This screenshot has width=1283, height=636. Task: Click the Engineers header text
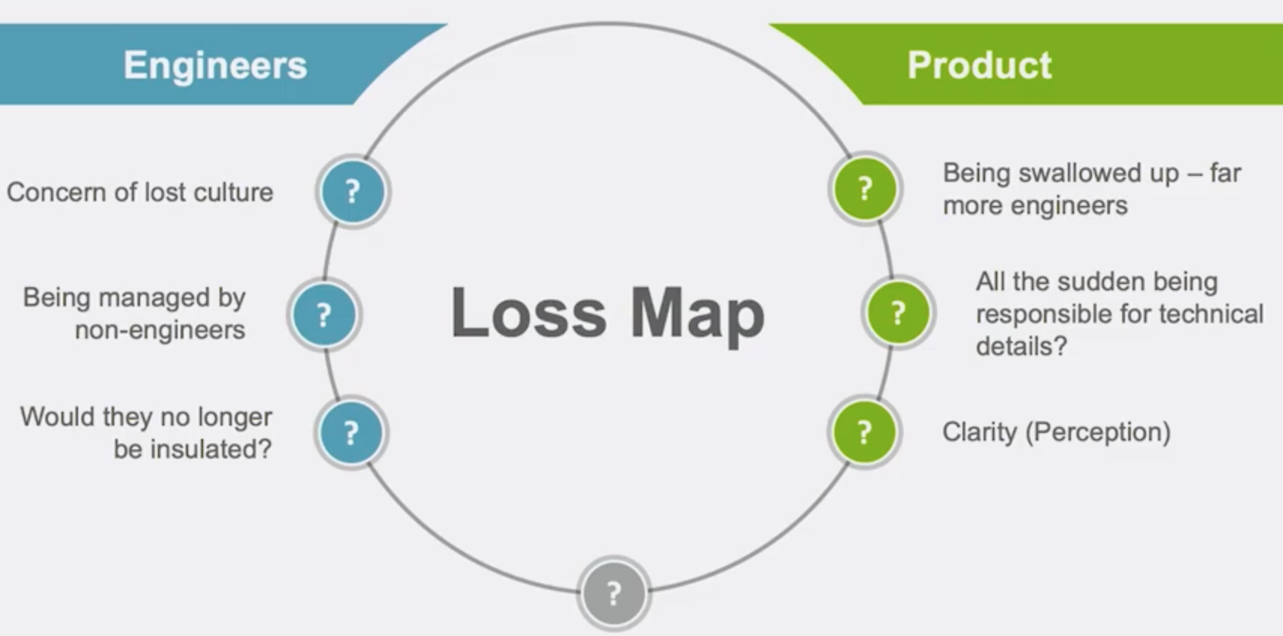pyautogui.click(x=215, y=65)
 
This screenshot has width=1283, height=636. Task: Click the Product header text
pyautogui.click(x=979, y=65)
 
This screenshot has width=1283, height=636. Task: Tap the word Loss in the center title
pyautogui.click(x=529, y=313)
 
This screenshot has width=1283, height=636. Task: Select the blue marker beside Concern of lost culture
pyautogui.click(x=353, y=192)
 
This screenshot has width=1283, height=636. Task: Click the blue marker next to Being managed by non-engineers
pyautogui.click(x=324, y=314)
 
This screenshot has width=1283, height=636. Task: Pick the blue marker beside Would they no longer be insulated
pyautogui.click(x=351, y=433)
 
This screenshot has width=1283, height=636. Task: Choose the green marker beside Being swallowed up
pyautogui.click(x=865, y=189)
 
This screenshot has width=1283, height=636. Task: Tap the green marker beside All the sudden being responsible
pyautogui.click(x=897, y=312)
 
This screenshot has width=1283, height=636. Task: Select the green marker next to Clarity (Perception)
pyautogui.click(x=864, y=432)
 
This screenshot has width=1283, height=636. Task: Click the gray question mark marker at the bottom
pyautogui.click(x=613, y=594)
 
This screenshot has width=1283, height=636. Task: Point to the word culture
pyautogui.click(x=233, y=192)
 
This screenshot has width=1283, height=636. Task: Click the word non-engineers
pyautogui.click(x=160, y=330)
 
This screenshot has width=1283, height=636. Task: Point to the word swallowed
pyautogui.click(x=1081, y=173)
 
